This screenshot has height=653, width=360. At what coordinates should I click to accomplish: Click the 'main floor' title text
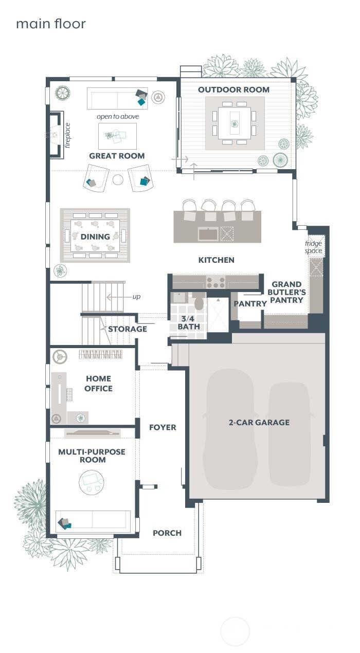(x=50, y=24)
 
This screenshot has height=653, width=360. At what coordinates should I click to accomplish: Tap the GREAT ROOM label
(x=117, y=156)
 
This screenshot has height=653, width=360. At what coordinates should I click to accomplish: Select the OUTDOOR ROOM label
(x=233, y=89)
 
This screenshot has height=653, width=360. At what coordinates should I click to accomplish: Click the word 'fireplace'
(x=67, y=135)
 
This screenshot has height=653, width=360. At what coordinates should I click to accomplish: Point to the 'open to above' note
(x=118, y=117)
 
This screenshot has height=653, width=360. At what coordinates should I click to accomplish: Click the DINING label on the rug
(x=95, y=237)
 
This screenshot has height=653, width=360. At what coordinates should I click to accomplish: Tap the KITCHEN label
(x=216, y=260)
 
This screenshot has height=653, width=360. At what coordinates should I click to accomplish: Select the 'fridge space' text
(x=313, y=247)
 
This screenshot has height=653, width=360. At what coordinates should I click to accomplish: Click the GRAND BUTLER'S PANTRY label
(x=289, y=292)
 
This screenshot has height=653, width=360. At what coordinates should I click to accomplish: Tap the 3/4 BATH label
(x=189, y=323)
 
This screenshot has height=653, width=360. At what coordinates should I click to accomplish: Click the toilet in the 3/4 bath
(x=199, y=302)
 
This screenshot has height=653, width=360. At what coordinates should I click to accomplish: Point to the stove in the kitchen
(x=215, y=282)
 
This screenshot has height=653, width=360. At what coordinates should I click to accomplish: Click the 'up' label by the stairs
(x=136, y=297)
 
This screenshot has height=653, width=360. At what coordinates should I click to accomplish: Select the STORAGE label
(x=127, y=329)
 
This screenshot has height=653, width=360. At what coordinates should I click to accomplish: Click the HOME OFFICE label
(x=98, y=384)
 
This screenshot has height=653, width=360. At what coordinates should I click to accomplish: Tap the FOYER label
(x=163, y=427)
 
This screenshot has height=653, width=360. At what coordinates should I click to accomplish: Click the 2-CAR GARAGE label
(x=259, y=423)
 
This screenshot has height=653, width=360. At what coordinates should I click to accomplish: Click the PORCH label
(x=167, y=533)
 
